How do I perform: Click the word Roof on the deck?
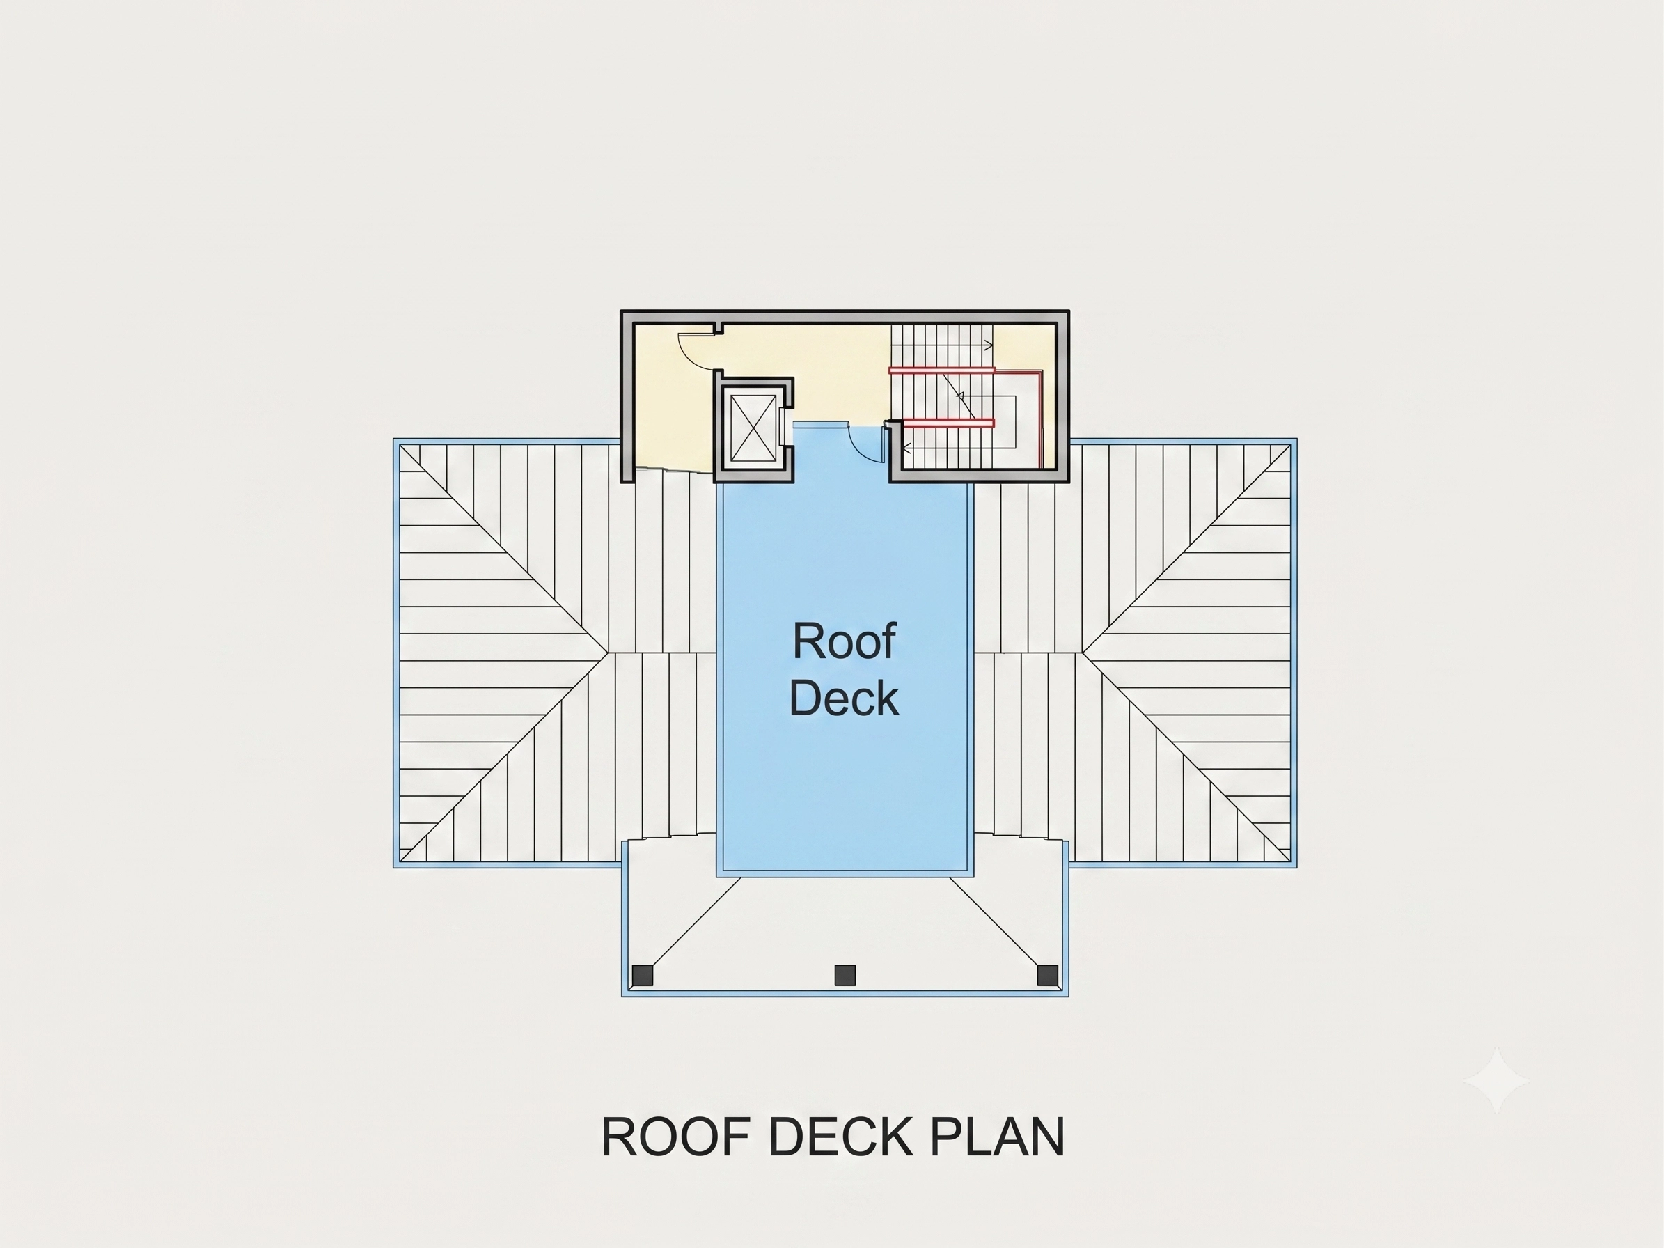pos(844,641)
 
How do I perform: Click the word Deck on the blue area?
pos(844,697)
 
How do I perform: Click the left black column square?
pos(643,976)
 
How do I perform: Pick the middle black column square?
pos(845,976)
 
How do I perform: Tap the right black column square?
pos(1047,976)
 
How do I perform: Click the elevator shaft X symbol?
pos(753,428)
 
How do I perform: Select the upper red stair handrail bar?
pos(942,370)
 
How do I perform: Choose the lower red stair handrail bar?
pos(948,423)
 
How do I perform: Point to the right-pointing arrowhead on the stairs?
pos(989,345)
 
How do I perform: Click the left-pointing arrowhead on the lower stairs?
pos(907,448)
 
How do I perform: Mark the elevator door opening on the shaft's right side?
pos(785,428)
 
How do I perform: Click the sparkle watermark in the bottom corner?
pos(1497,1080)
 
